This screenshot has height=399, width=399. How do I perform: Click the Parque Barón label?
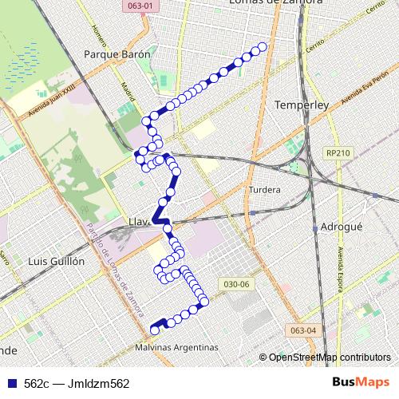coord(117,55)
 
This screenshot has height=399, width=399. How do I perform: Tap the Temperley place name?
coord(302,105)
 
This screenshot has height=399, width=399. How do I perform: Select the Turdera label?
coord(264,190)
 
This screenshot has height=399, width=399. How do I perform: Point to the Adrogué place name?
coord(341,227)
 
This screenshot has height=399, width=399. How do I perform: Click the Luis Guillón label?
coord(55,261)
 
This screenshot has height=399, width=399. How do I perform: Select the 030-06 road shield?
coord(238,284)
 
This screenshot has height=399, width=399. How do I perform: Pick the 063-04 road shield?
coord(303,330)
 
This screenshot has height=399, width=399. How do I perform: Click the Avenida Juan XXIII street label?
coord(51,97)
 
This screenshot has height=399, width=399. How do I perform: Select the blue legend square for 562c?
coord(12,383)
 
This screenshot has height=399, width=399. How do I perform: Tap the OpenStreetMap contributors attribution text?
coord(329,358)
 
